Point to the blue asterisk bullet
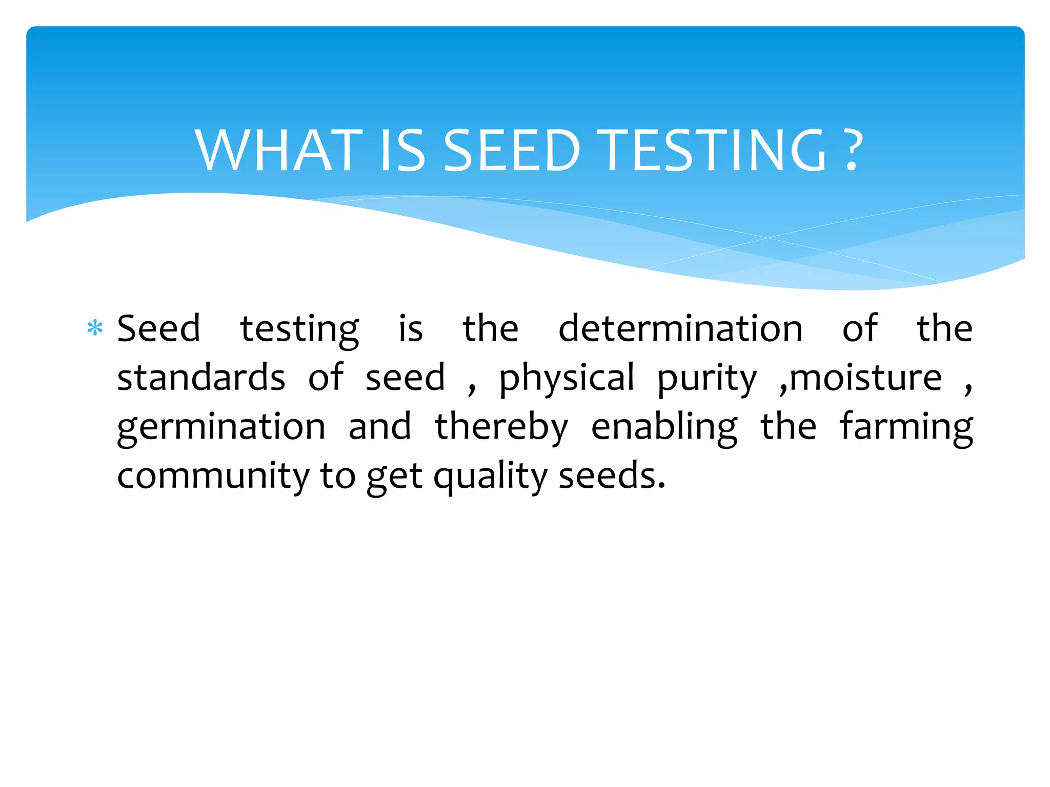click(95, 328)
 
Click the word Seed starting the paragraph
click(158, 328)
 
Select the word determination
click(680, 328)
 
